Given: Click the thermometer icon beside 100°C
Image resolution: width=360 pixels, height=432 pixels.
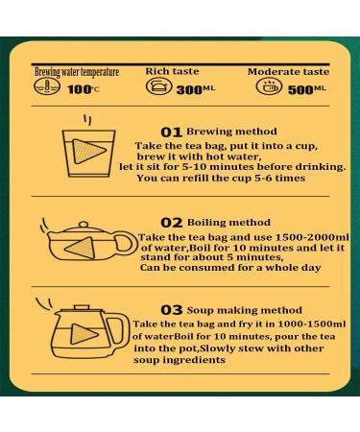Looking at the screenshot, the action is pyautogui.click(x=47, y=86).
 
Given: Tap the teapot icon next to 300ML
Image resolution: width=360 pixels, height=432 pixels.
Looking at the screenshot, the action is pyautogui.click(x=158, y=86).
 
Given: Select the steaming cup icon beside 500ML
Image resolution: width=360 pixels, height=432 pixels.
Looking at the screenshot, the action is pyautogui.click(x=269, y=86).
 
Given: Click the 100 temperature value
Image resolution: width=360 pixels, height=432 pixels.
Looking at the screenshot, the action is pyautogui.click(x=80, y=89).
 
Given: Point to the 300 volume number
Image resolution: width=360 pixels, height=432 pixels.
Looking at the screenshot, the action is pyautogui.click(x=189, y=90).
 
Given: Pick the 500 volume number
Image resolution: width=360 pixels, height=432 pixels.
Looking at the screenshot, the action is pyautogui.click(x=300, y=90).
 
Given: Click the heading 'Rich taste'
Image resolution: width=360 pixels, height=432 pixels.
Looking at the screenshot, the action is pyautogui.click(x=172, y=71).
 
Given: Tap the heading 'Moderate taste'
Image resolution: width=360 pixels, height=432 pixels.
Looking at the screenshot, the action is pyautogui.click(x=288, y=71).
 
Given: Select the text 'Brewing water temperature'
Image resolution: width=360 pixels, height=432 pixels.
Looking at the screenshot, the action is pyautogui.click(x=77, y=72).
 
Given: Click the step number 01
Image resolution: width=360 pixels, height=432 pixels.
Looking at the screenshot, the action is pyautogui.click(x=171, y=132).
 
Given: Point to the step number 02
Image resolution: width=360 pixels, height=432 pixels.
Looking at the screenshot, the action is pyautogui.click(x=172, y=223).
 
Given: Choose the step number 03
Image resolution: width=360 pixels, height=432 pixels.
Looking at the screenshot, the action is pyautogui.click(x=172, y=310).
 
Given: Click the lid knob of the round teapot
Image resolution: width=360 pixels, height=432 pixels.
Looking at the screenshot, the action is pyautogui.click(x=84, y=225).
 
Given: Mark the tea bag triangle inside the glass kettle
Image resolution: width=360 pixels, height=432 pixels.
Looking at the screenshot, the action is pyautogui.click(x=84, y=334).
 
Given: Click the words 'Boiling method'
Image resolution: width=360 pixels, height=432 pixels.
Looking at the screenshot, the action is pyautogui.click(x=228, y=222).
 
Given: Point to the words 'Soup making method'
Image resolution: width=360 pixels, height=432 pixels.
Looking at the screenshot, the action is pyautogui.click(x=245, y=310).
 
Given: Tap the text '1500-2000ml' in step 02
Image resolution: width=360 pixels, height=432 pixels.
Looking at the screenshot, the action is pyautogui.click(x=312, y=237).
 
